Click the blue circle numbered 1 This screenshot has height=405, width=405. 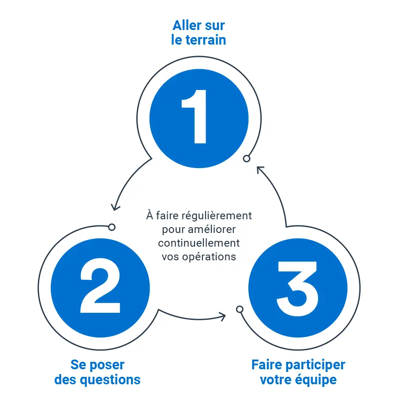[199, 118]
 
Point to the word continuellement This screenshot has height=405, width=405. [199, 243]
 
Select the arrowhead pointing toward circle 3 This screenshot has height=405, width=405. [222, 316]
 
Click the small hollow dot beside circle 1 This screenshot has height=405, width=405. [247, 158]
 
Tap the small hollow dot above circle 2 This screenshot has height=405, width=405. [112, 227]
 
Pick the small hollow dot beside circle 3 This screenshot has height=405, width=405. [240, 309]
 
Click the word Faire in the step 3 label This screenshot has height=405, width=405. [266, 365]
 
